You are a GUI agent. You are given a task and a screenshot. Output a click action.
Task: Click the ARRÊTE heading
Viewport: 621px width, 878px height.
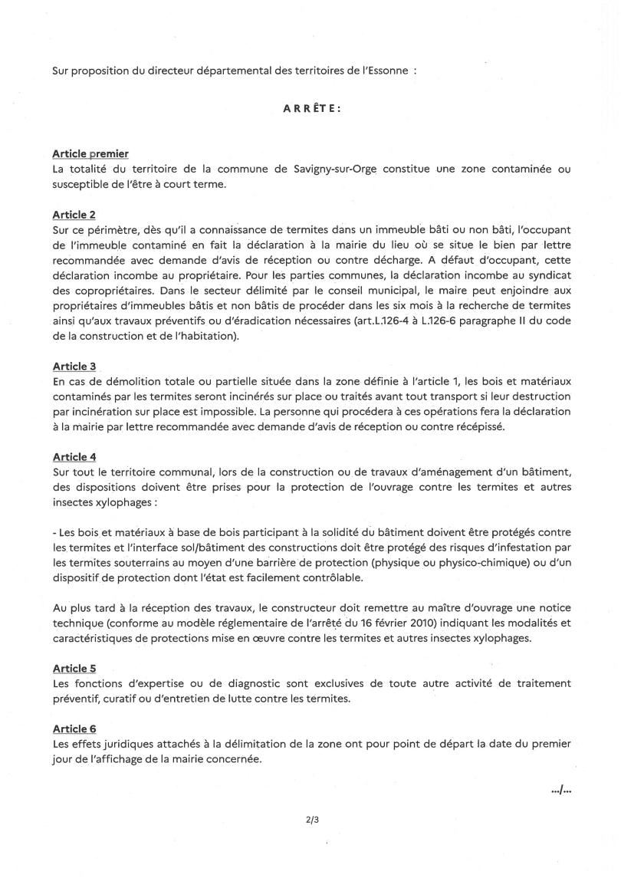(311, 109)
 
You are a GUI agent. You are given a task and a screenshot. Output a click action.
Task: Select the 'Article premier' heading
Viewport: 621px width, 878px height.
(90, 154)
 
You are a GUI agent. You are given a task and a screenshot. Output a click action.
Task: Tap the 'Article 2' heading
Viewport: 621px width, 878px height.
(74, 215)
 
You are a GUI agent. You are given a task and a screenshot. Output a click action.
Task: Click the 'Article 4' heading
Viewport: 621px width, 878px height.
(74, 457)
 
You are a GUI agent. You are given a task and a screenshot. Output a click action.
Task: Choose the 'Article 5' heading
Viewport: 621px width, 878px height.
(74, 669)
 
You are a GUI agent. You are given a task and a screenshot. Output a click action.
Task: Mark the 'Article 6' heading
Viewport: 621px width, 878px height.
(74, 728)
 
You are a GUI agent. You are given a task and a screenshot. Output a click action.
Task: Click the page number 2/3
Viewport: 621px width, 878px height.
(311, 820)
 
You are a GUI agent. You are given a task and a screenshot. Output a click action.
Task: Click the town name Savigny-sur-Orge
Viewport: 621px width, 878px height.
(350, 169)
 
